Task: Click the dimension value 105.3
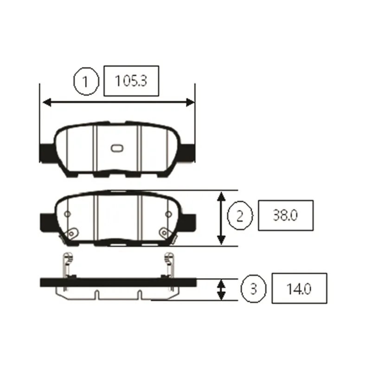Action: [x=131, y=81]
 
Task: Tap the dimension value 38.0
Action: [x=285, y=215]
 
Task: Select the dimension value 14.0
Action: [x=299, y=288]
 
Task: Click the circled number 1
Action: [x=85, y=82]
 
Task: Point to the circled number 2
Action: [x=240, y=216]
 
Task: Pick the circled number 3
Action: [x=253, y=288]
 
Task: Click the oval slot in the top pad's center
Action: [x=117, y=148]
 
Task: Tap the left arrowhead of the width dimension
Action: [x=47, y=102]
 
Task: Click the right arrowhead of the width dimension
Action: [x=190, y=102]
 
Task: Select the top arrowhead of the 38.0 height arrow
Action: [x=221, y=197]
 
